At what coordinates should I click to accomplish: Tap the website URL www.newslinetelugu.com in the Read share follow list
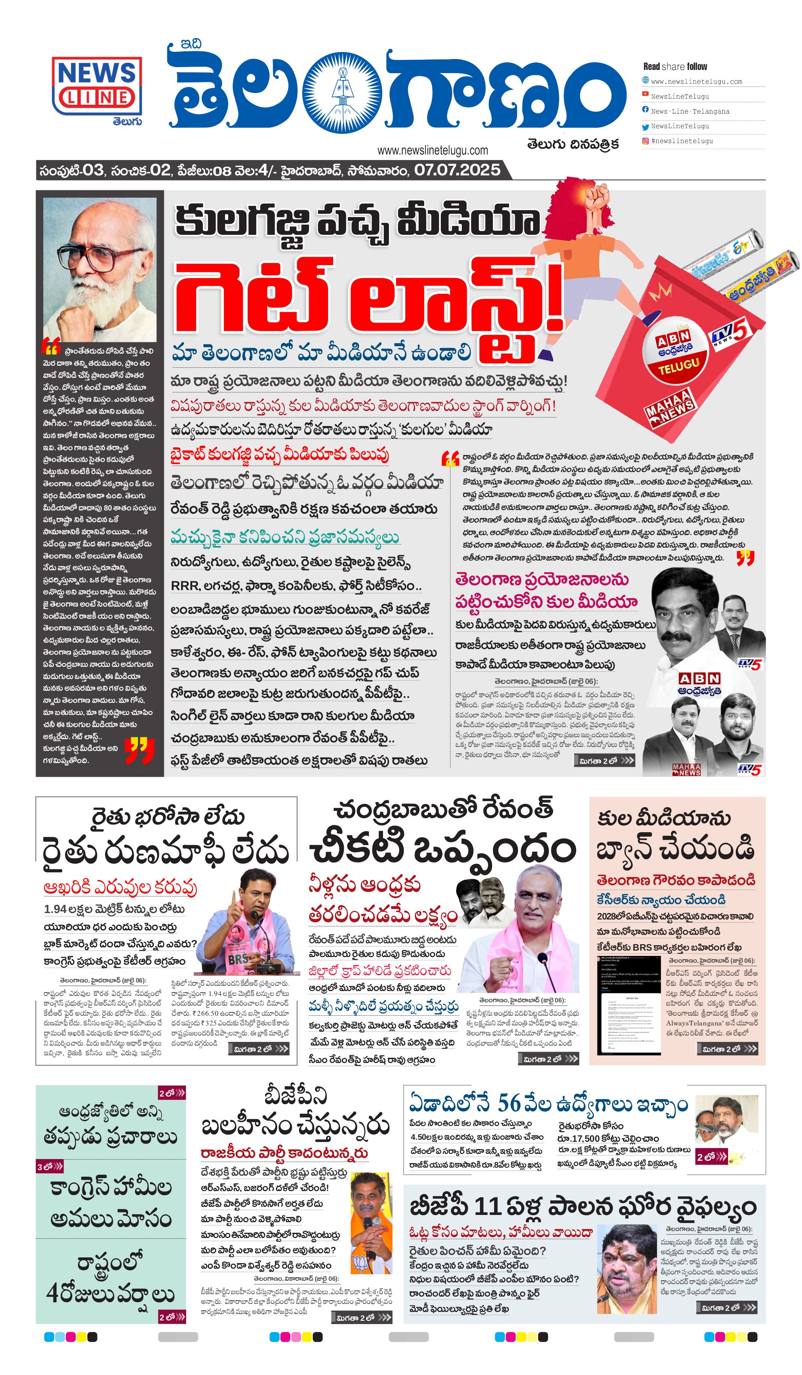point(696,81)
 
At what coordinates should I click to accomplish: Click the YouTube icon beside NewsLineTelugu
point(645,95)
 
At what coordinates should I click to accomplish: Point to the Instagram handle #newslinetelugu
point(682,141)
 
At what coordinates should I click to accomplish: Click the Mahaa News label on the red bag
point(669,407)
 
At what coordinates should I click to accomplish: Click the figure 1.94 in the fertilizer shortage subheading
point(55,909)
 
